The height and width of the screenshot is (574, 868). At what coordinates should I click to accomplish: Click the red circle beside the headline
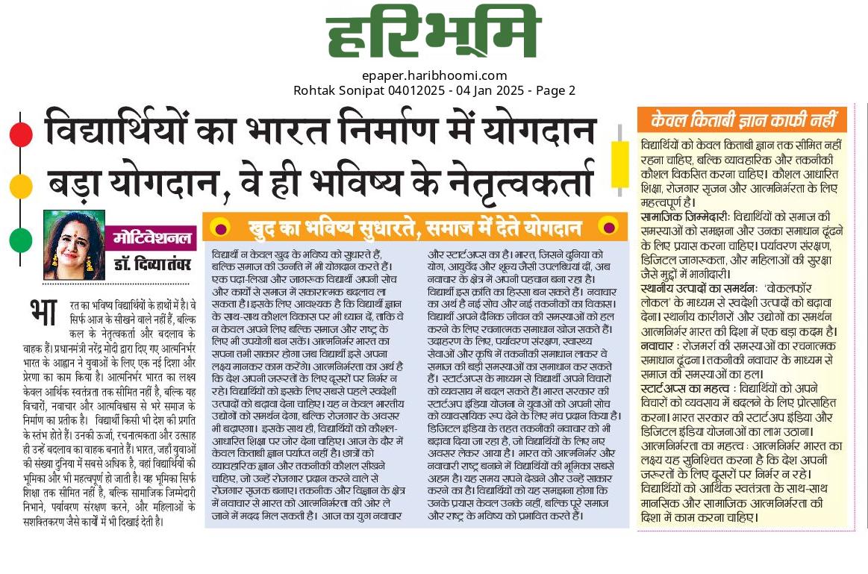pos(21,134)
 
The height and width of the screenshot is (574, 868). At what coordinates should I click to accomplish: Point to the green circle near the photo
pos(21,240)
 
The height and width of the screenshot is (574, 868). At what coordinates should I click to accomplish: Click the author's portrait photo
pos(74,245)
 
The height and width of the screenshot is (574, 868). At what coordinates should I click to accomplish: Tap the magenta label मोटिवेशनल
pos(152,239)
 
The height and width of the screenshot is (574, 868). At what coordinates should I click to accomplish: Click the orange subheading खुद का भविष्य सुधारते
pos(328,227)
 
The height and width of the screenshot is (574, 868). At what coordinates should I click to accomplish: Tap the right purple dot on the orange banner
pos(609,227)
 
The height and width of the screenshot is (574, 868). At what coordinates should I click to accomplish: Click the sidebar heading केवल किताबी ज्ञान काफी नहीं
pos(742,119)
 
